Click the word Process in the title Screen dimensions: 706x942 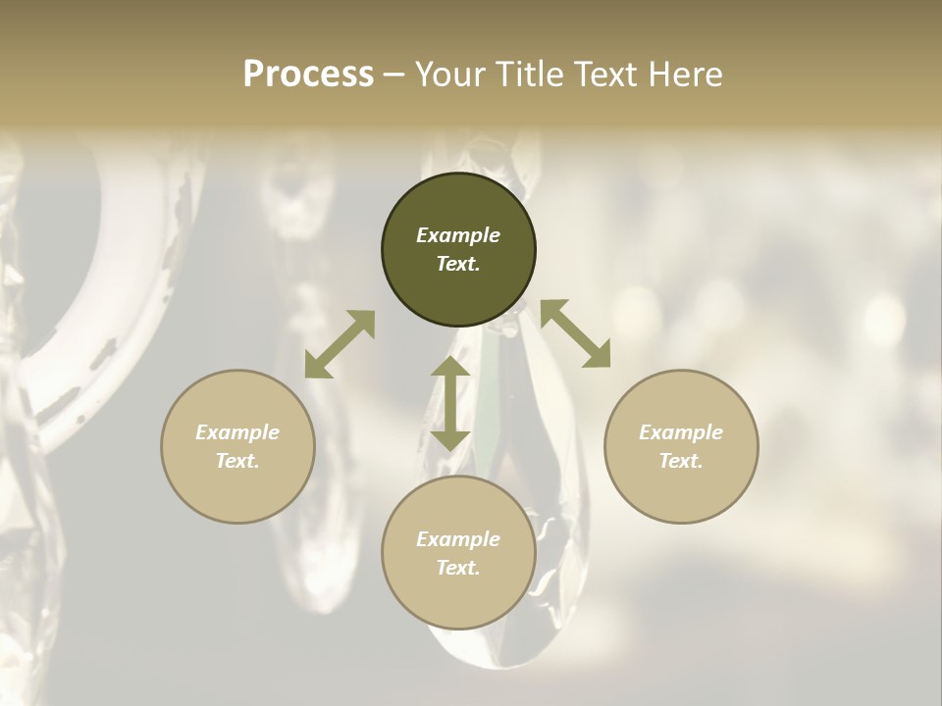[308, 75]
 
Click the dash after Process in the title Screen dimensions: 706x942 [394, 76]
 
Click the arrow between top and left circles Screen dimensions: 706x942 [340, 344]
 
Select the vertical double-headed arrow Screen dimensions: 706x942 [450, 403]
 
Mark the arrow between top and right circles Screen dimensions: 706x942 [575, 333]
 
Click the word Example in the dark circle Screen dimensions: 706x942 [458, 235]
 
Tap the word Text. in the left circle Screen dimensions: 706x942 [237, 461]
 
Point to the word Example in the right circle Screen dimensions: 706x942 [681, 432]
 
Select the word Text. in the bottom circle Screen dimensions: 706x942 [458, 568]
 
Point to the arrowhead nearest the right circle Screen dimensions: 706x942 [598, 355]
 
